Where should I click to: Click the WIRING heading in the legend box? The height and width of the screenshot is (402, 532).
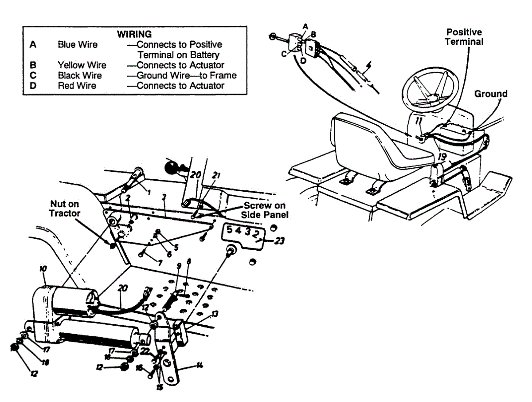tap(134, 34)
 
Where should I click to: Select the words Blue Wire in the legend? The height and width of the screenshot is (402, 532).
tap(78, 45)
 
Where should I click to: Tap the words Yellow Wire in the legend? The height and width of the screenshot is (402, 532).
tap(82, 65)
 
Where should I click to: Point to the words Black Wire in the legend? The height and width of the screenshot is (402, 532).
tap(80, 75)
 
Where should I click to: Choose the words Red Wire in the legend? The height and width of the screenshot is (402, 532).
tap(77, 86)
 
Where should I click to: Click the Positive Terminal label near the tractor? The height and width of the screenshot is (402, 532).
tap(464, 37)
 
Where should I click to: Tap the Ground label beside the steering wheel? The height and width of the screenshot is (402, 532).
tap(491, 94)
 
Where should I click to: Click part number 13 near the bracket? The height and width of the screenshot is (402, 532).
tap(215, 315)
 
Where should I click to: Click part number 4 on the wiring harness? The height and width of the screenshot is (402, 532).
tap(368, 70)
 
